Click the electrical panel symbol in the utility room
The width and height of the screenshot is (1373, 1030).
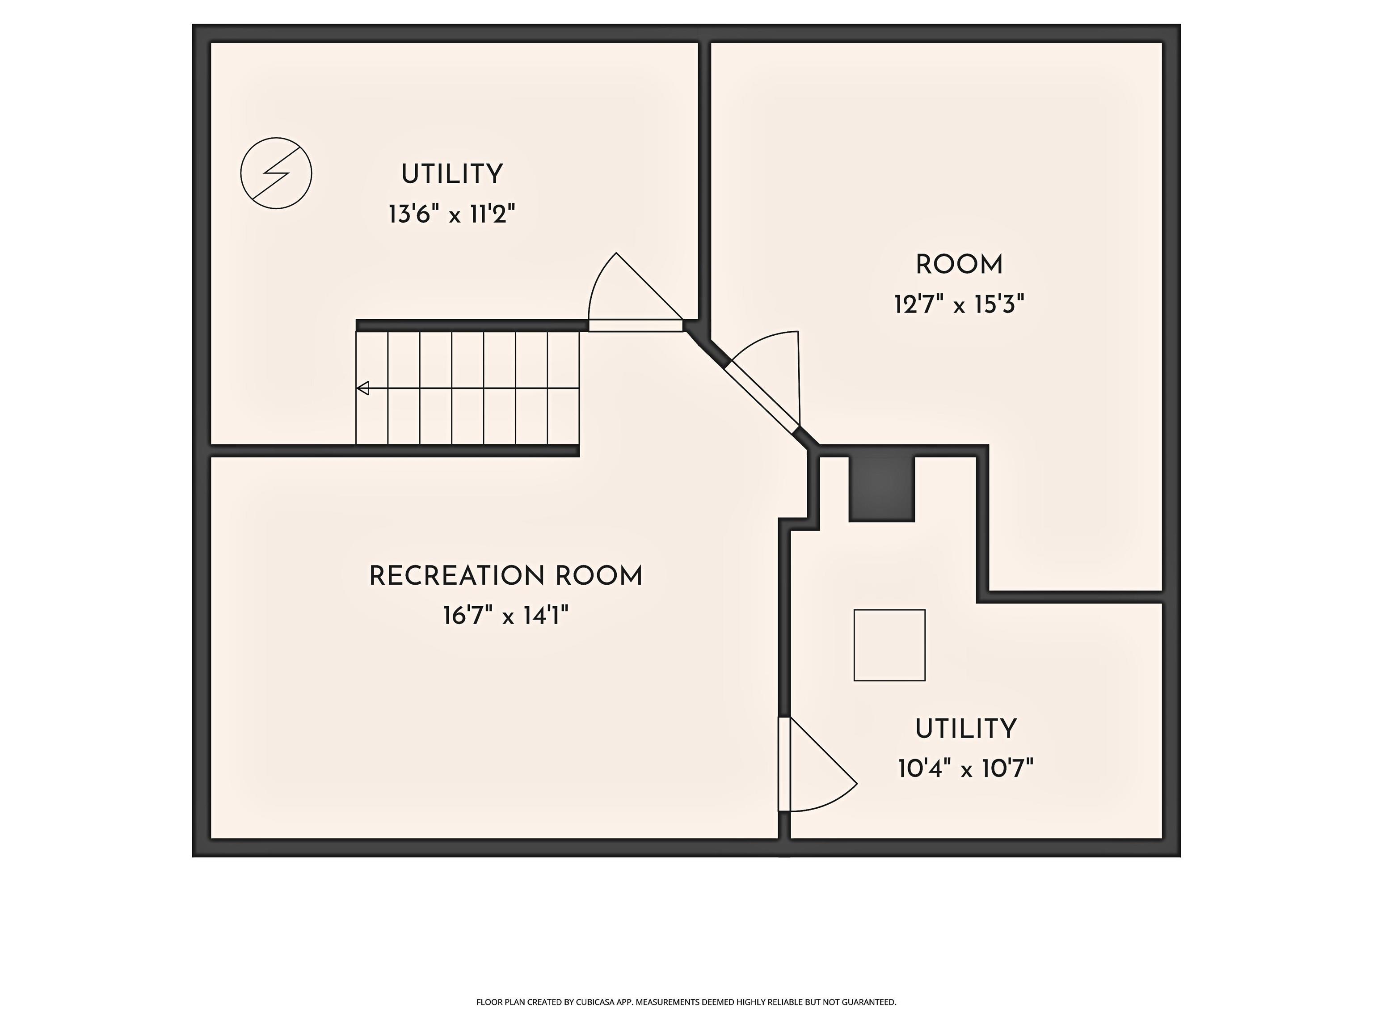[276, 173]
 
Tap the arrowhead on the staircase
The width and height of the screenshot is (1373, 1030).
[363, 388]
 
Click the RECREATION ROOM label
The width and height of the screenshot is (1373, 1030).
[506, 576]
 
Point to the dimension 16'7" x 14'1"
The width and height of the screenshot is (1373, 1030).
[506, 616]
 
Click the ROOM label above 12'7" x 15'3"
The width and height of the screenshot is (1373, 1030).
[960, 265]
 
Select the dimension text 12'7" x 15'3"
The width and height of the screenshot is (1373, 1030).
[960, 305]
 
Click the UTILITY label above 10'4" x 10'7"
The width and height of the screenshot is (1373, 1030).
[966, 729]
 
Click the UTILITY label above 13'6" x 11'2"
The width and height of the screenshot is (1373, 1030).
[452, 174]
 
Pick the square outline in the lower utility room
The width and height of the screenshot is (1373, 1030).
[889, 646]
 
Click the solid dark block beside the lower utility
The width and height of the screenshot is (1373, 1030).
[882, 489]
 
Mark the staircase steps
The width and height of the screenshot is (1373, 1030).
[467, 388]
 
